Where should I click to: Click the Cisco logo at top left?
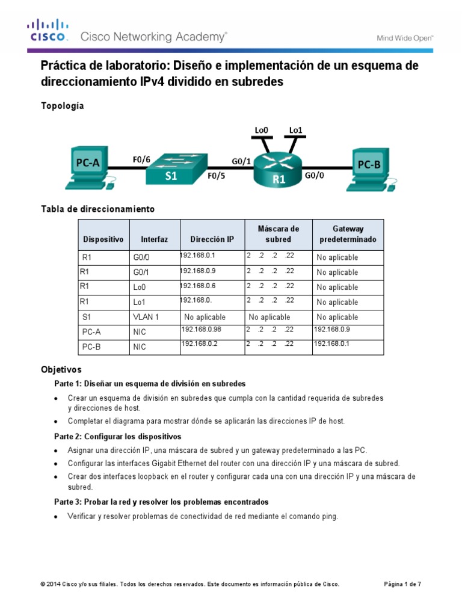46,31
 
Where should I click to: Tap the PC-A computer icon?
88,167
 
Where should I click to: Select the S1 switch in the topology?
174,167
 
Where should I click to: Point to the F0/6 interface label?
141,159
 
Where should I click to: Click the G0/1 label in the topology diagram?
242,161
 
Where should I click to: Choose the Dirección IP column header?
212,239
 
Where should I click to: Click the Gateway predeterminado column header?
348,234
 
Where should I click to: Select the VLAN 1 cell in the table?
146,317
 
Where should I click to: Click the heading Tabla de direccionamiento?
97,209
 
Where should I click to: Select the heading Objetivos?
61,369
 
